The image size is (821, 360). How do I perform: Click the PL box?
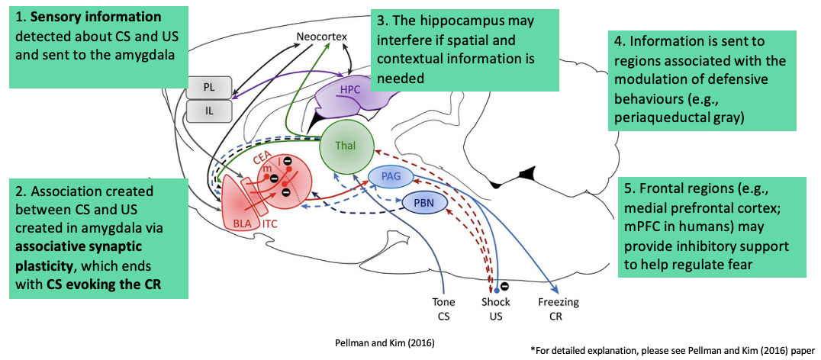pos(208,87)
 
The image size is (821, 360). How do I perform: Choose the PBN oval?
pos(423,203)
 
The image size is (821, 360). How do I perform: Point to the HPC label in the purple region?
pos(350,89)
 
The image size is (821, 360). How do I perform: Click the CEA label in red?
pos(262,161)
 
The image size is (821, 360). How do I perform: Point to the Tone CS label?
pos(444,309)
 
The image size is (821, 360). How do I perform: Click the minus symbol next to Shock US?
pos(505,288)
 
